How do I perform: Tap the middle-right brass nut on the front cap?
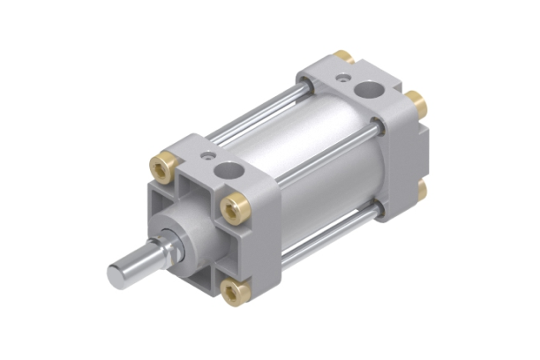(x=235, y=208)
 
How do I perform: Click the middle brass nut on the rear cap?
(x=416, y=104)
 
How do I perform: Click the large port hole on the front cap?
(x=229, y=169)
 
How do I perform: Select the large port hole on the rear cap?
(x=366, y=88)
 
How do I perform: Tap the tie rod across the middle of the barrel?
(x=326, y=155)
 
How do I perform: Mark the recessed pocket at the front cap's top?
(x=196, y=186)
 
